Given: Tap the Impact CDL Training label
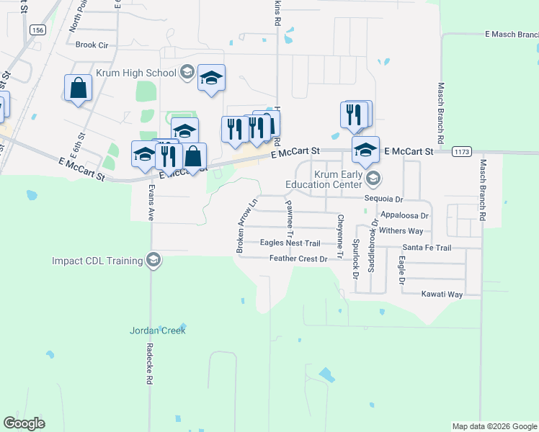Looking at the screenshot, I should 97,260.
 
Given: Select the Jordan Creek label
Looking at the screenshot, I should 158,330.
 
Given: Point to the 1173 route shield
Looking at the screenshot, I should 461,152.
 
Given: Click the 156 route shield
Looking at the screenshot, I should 38,30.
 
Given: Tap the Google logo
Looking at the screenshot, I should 24,423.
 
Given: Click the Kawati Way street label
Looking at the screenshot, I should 442,294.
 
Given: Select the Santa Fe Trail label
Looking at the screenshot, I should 427,248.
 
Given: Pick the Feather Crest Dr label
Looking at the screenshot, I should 298,258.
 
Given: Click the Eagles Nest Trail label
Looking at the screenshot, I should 290,243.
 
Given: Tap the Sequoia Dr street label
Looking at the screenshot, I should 383,199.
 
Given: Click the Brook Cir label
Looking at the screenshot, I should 92,45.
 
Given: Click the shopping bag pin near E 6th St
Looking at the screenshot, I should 78,89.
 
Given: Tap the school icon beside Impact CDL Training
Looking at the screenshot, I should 153,260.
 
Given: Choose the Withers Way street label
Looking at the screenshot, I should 401,231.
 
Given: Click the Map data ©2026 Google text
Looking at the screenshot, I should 494,426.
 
